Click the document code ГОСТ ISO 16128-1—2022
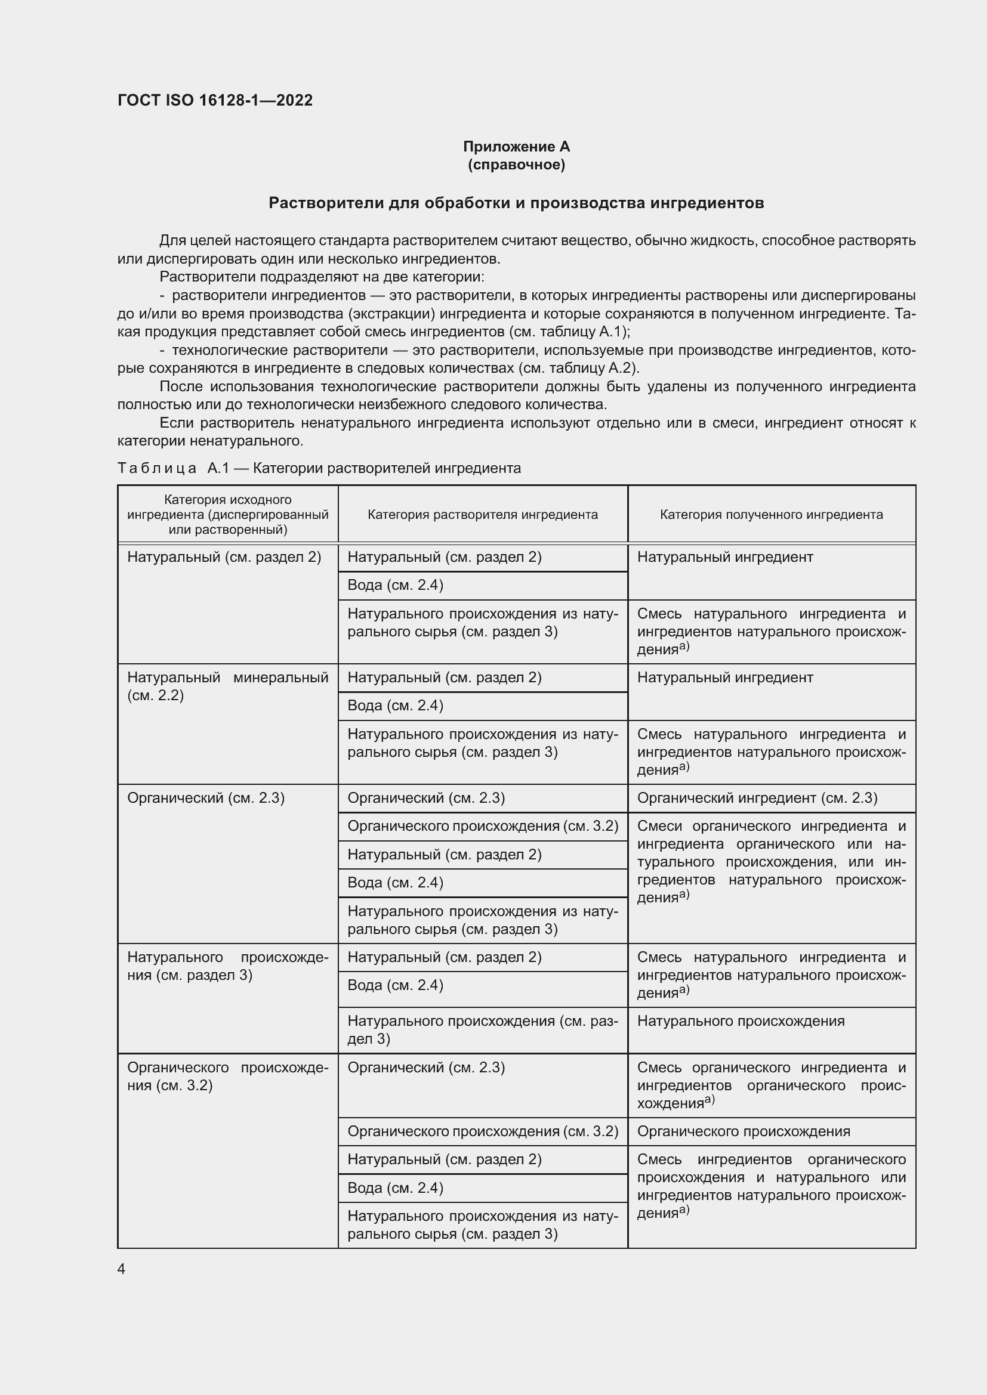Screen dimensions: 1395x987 215,100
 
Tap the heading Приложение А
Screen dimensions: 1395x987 516,147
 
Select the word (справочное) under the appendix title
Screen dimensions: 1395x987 516,165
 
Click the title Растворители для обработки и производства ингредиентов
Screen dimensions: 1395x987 516,203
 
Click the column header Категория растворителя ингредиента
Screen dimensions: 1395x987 483,515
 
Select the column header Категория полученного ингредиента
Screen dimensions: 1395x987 771,515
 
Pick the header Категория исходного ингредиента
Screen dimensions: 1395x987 228,514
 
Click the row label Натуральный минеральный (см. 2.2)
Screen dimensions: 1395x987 228,686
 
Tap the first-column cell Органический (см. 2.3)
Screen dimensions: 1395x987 206,798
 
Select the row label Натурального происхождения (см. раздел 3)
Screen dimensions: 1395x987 228,966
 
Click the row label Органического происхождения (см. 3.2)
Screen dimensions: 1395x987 228,1076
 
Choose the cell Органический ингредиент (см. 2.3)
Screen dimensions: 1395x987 757,798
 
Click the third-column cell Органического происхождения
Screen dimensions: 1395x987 744,1131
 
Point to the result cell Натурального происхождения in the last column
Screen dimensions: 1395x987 740,1020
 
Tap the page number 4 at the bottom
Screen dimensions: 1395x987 122,1269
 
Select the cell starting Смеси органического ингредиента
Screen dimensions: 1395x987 771,862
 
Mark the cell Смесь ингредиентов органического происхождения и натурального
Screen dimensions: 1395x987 771,1186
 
